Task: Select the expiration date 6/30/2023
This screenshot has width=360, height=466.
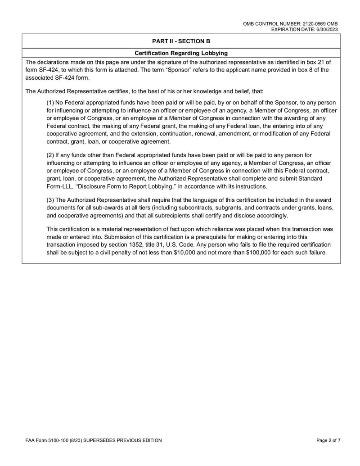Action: pos(327,29)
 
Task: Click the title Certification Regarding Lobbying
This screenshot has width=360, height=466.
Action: pos(181,53)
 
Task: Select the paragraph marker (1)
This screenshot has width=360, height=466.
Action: pos(52,102)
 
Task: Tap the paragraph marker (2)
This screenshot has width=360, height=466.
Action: pos(52,155)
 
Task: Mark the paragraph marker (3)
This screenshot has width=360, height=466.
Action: pos(52,199)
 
